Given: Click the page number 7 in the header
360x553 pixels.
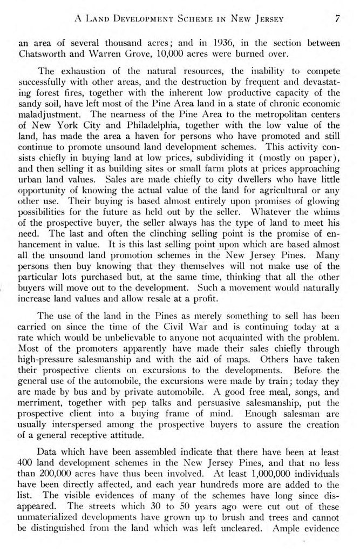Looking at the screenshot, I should point(336,19).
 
